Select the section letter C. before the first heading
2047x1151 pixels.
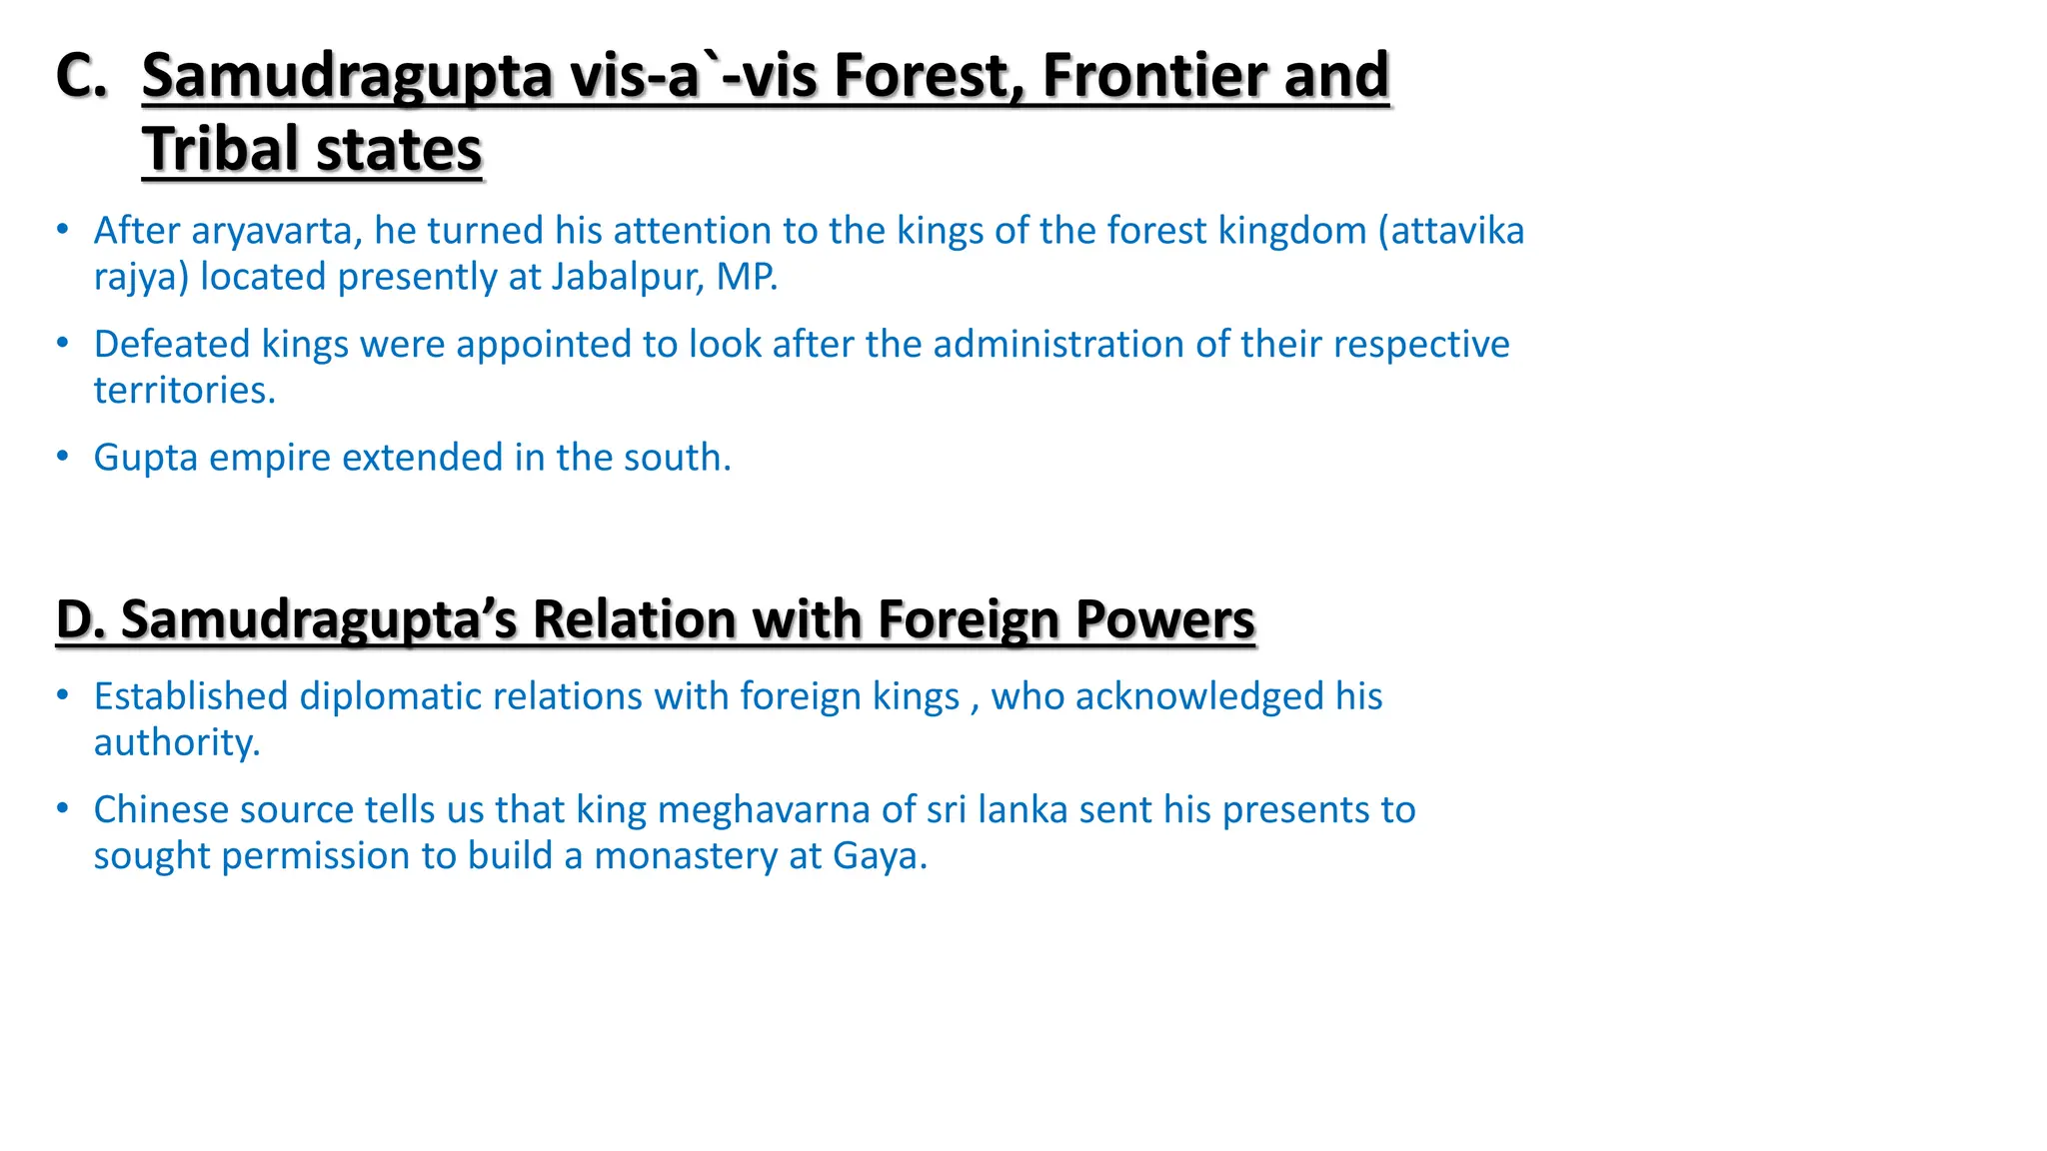coord(81,75)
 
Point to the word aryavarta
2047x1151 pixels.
coord(276,231)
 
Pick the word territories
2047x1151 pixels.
coord(183,390)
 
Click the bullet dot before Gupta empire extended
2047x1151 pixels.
coord(63,457)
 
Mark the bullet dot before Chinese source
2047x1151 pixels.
coord(63,808)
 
